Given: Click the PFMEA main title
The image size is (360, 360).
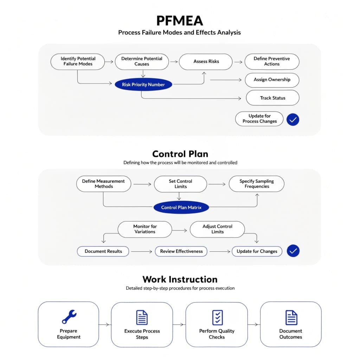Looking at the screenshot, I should pos(180,20).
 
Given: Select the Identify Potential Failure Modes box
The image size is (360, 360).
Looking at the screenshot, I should pos(78,61).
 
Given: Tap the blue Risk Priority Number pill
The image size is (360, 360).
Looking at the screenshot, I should pos(143,85).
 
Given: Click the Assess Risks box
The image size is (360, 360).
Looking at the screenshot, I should pos(206,62).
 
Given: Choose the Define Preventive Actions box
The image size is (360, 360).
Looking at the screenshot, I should pos(272,62).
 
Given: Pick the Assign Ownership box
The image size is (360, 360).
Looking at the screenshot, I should pos(272,80).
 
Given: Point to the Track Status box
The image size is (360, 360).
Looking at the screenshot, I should pos(272,98).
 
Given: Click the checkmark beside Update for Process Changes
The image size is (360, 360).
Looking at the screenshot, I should pos(292,120).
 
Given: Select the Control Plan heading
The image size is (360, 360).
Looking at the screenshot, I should pos(180,154).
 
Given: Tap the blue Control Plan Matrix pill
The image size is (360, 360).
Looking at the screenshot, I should pos(181,207).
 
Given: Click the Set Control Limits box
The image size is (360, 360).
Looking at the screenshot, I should pos(180,184).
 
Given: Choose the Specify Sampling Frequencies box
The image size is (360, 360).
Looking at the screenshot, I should pos(257,184).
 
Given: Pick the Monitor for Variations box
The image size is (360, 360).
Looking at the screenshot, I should pos(145,229).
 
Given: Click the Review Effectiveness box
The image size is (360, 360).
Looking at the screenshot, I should pos(181,251).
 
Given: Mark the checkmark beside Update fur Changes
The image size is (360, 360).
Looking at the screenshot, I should pos(293,251).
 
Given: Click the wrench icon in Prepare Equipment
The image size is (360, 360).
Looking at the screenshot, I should pos(69,317).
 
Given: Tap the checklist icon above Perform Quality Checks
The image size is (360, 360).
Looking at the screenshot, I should pos(217,317).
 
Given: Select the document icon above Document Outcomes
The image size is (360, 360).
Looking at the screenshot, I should pos(291,317).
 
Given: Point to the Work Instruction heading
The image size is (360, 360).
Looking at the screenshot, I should pos(180,279).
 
